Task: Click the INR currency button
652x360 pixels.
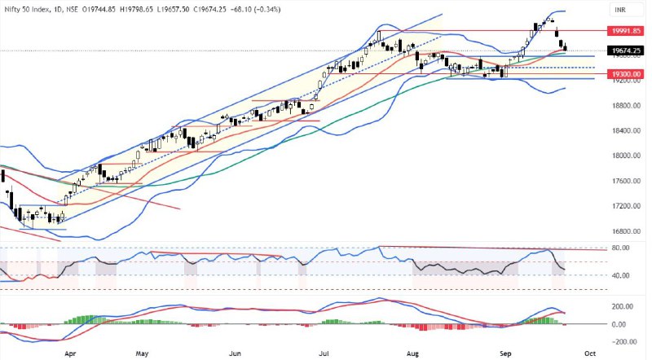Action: click(x=621, y=11)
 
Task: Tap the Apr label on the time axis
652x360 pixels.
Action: click(x=69, y=354)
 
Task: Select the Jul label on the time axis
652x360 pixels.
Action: click(x=324, y=354)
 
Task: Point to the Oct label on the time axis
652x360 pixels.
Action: click(x=587, y=354)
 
